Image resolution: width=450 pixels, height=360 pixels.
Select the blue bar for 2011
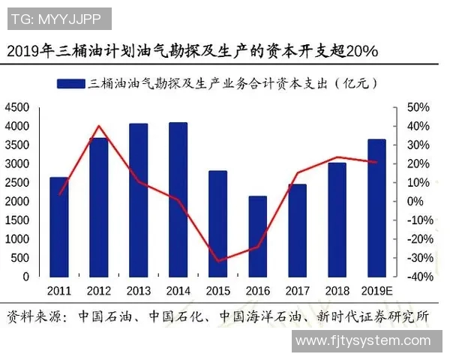(59, 226)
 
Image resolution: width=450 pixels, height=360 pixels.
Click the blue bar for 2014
(178, 199)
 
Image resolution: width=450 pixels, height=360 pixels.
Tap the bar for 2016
(257, 236)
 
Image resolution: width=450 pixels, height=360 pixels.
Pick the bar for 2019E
(376, 208)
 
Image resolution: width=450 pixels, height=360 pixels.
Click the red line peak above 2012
(99, 126)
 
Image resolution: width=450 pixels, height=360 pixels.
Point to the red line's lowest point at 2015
(217, 262)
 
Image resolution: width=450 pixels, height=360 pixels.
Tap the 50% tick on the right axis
(418, 107)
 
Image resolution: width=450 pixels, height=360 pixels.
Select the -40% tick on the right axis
(417, 277)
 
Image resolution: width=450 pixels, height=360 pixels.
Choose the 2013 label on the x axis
(139, 290)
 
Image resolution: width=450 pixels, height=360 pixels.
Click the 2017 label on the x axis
(297, 290)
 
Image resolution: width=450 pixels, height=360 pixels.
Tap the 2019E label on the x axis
(377, 290)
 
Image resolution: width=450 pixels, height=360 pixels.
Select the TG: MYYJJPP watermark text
(58, 18)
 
